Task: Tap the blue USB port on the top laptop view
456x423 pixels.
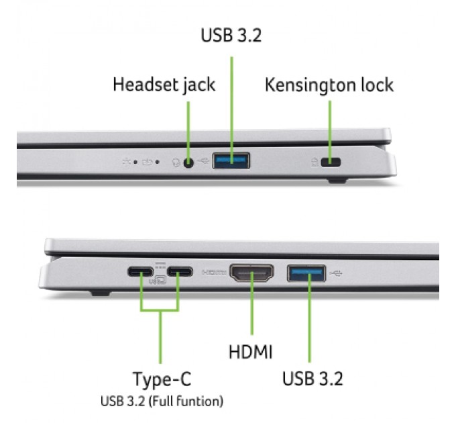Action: coord(231,160)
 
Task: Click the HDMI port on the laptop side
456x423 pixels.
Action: coord(252,273)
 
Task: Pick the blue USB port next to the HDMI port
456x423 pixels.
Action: coord(307,273)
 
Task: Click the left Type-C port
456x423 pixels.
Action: coord(142,273)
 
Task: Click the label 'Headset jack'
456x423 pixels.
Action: coord(164,85)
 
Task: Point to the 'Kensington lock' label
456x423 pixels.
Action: coord(329,85)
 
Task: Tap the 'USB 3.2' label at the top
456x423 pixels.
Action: coord(231,35)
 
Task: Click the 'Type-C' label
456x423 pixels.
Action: coord(161,379)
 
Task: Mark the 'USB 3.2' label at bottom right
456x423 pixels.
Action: coord(312,379)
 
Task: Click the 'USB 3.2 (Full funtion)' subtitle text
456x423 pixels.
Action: coord(161,402)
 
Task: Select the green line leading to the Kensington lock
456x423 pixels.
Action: coord(330,128)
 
